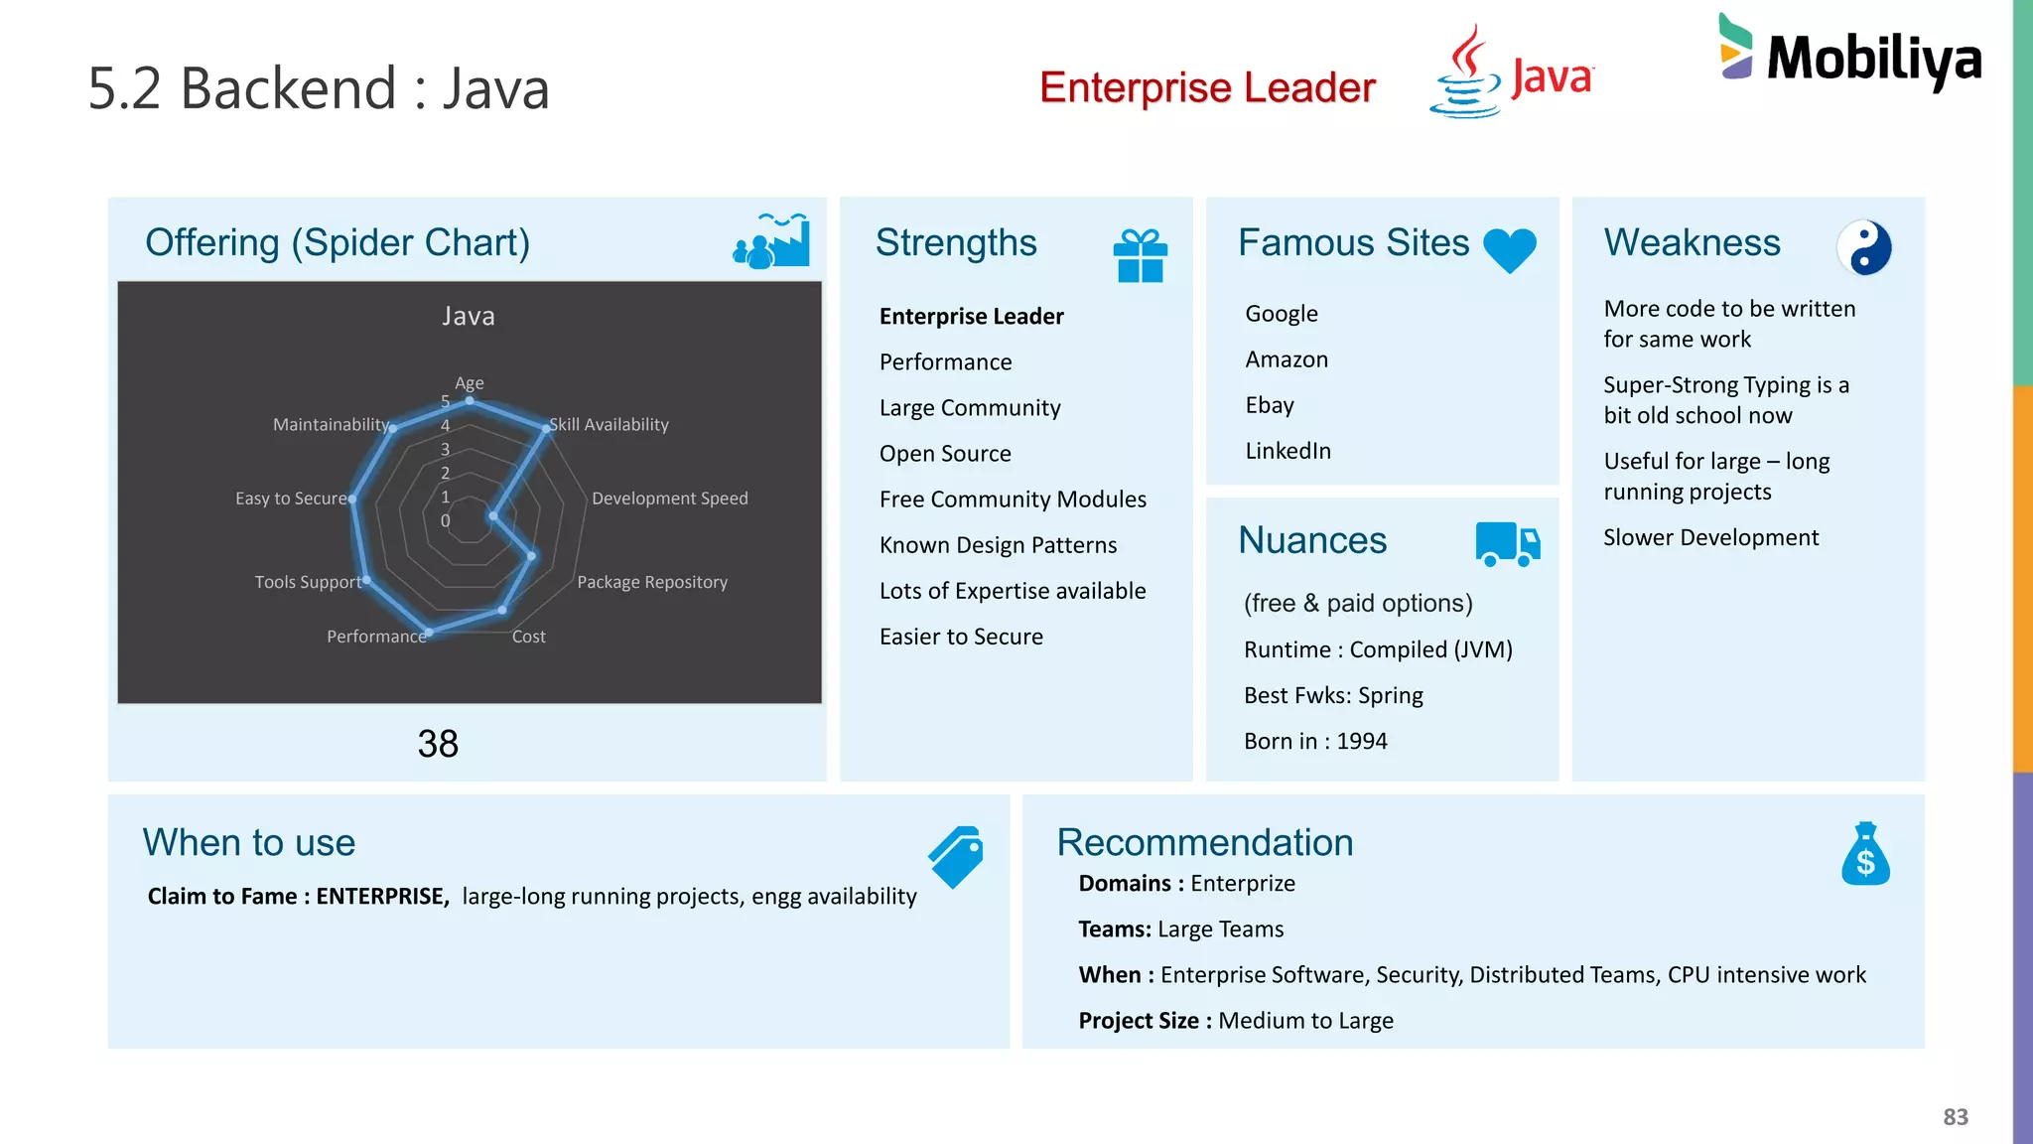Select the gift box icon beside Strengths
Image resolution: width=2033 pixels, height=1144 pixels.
click(x=1140, y=255)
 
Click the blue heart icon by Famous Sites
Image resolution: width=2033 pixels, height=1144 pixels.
click(x=1509, y=248)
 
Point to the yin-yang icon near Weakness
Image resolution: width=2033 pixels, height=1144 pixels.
click(x=1863, y=247)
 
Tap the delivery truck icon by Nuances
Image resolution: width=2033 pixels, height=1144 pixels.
click(x=1507, y=543)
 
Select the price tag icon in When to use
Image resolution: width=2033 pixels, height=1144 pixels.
click(x=956, y=856)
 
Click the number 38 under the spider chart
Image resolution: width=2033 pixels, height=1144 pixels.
click(x=438, y=744)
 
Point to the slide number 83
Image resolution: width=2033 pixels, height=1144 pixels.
click(x=1955, y=1117)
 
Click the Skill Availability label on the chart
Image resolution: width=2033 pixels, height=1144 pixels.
click(x=609, y=425)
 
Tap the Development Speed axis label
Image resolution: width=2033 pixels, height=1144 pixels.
click(x=669, y=499)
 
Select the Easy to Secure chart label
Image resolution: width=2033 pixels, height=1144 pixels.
click(x=291, y=499)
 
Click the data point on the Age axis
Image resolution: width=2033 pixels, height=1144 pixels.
click(x=470, y=401)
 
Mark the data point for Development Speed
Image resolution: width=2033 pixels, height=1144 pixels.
click(x=492, y=516)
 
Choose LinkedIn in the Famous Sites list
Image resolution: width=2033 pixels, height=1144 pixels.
click(x=1288, y=451)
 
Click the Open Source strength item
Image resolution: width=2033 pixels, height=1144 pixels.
click(x=945, y=454)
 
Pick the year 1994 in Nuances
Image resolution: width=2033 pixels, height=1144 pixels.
click(x=1362, y=741)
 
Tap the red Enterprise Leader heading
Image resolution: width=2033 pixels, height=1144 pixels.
click(x=1207, y=87)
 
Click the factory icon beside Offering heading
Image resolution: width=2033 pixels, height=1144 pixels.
click(x=771, y=241)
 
